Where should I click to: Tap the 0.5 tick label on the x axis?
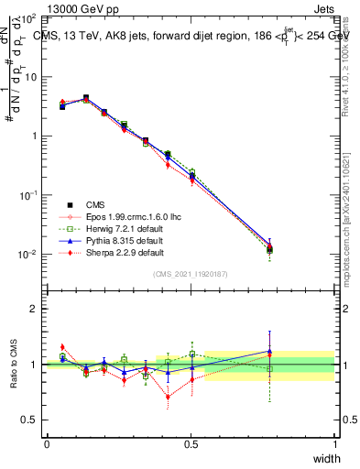pos(191,444)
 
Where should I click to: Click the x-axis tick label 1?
pos(334,444)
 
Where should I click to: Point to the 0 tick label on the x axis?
pos(47,444)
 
